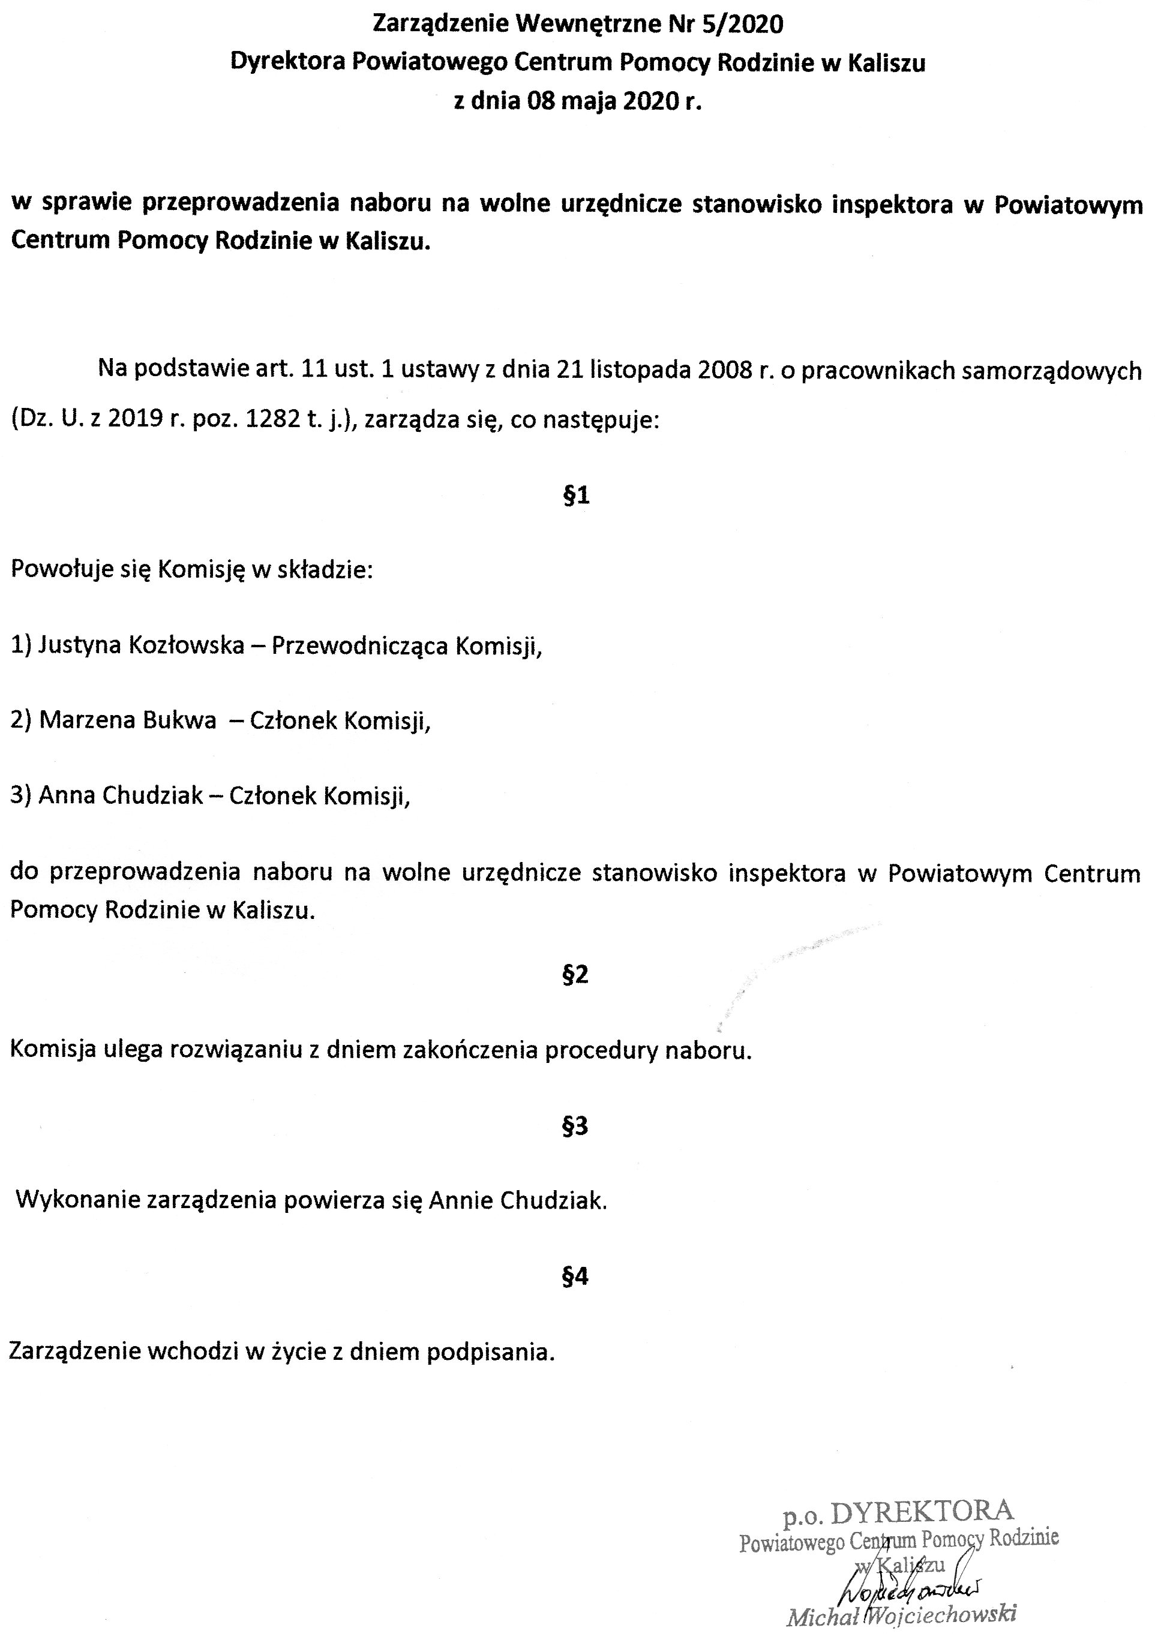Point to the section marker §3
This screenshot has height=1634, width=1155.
pos(575,1125)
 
